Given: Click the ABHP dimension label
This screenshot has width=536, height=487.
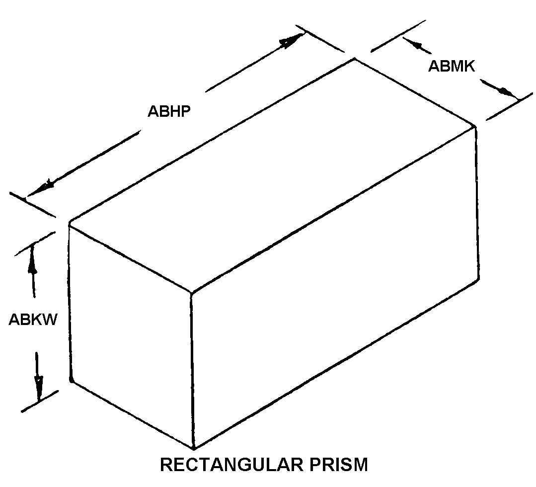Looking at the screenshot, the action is point(169,111).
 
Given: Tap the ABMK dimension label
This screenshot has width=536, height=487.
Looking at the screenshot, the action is point(452,67).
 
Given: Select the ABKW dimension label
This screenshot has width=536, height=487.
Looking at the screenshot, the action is point(33,320).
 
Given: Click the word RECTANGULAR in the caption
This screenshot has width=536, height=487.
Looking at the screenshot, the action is point(232,465).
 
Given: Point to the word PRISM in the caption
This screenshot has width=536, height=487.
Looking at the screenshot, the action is point(339,465).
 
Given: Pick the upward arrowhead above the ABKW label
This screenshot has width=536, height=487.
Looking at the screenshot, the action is point(32,258).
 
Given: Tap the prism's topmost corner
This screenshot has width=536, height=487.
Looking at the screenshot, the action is point(355,59).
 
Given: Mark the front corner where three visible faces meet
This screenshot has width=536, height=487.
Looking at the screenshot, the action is point(191,293).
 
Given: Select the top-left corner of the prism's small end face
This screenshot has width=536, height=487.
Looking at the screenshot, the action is point(70,224).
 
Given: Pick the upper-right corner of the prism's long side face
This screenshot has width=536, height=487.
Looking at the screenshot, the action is point(474,127).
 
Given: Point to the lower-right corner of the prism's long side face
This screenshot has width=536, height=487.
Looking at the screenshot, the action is point(477,279).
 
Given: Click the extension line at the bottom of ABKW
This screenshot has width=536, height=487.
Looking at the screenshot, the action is point(40,401).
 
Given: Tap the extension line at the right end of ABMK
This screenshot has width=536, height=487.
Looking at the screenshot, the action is point(509,106).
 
